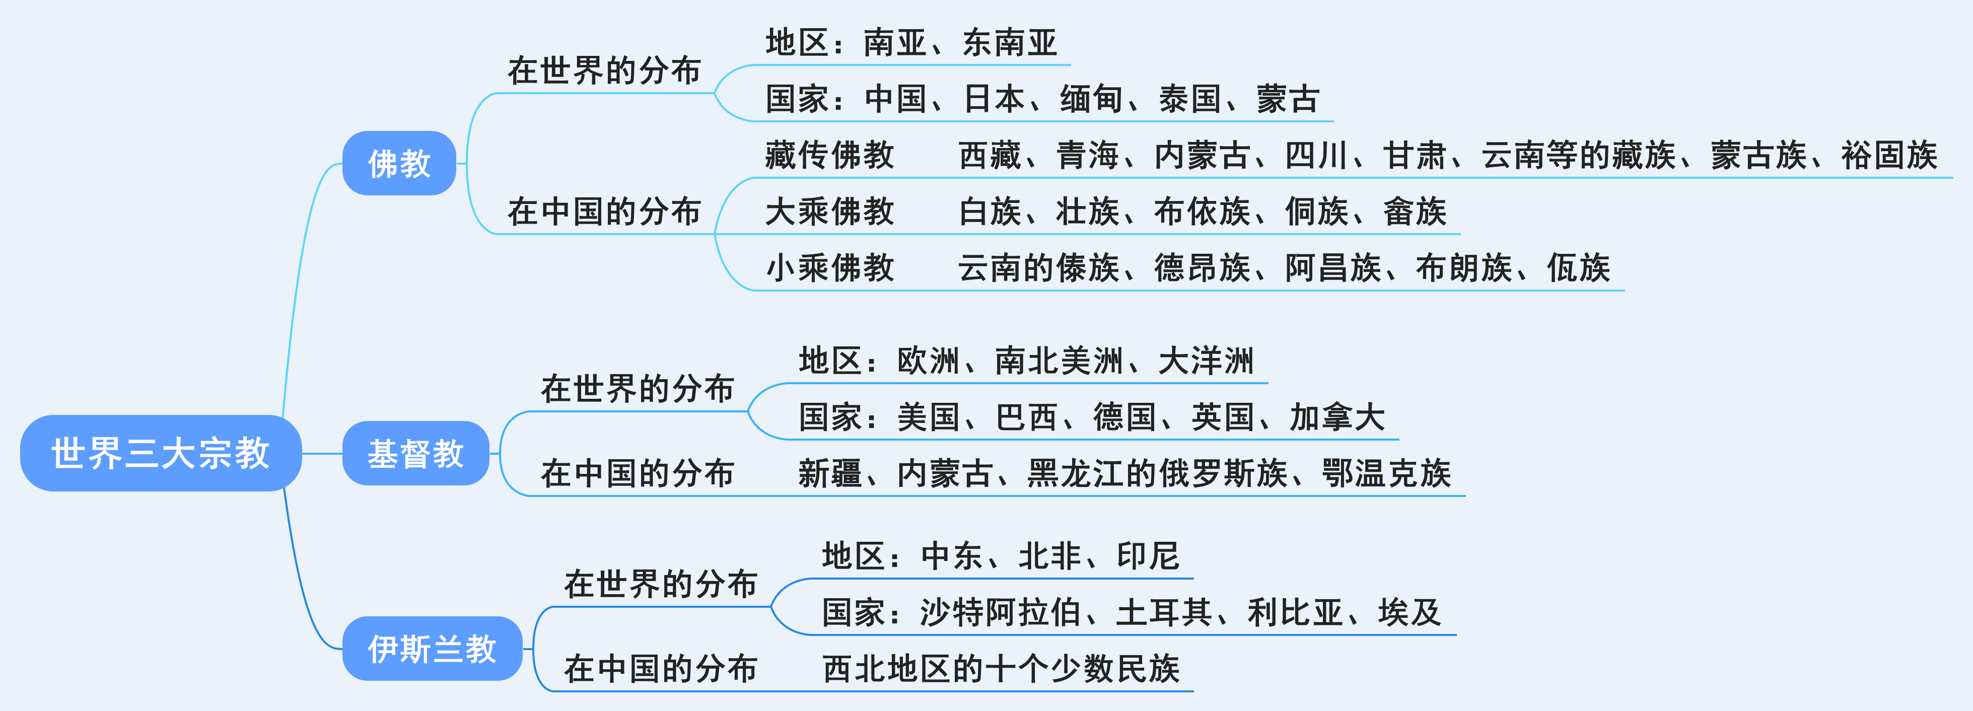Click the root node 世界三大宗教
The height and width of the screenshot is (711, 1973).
161,453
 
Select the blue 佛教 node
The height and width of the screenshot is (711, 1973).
399,163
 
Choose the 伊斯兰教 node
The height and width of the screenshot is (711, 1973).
432,649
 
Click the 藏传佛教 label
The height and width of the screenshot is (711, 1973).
829,155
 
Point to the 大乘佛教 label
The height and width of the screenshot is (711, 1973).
829,211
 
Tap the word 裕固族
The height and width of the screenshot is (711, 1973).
1889,155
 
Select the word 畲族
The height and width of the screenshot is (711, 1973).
1415,211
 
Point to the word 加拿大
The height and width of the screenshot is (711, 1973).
1337,417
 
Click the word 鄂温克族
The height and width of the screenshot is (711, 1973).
1386,473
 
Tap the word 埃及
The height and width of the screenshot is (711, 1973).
1410,613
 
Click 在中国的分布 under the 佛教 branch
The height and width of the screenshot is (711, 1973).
604,211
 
